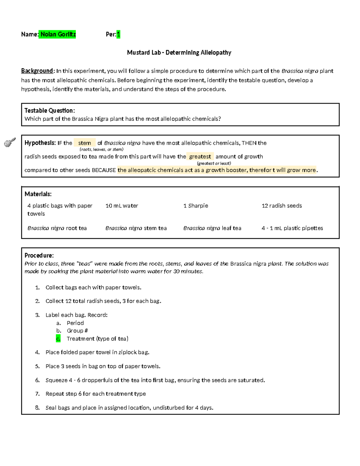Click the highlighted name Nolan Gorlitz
tap(58, 35)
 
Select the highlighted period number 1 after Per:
tap(118, 35)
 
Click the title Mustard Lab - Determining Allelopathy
tap(179, 53)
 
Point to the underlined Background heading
tap(37, 71)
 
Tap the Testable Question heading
tap(49, 111)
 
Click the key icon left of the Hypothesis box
tap(10, 142)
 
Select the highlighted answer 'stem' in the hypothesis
tap(85, 143)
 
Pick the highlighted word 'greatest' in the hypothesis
tap(200, 157)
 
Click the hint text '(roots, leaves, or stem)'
tap(101, 149)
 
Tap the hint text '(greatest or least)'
tap(214, 164)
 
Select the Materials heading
tap(38, 194)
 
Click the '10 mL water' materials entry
tap(122, 206)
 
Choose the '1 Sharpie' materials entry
tap(196, 206)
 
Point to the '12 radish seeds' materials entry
tap(282, 206)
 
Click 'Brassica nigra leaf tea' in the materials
tap(212, 228)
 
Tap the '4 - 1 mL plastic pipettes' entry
tap(292, 228)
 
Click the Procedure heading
tap(39, 256)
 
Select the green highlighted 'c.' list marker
tap(58, 339)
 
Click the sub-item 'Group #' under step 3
tap(77, 331)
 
